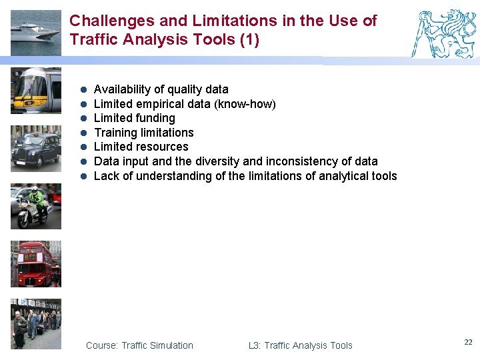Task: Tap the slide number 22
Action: coord(468,342)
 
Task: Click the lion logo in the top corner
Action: coord(445,33)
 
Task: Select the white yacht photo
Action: coord(35,33)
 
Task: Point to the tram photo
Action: coord(36,90)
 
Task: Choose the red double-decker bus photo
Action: coord(36,264)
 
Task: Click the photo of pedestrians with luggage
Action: coord(36,323)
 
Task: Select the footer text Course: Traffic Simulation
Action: coord(139,345)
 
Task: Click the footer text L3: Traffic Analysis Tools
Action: coord(300,345)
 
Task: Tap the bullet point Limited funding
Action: coord(135,118)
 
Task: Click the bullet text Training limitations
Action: coord(144,133)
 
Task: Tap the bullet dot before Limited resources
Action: coord(84,147)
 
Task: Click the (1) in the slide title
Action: coord(249,39)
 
